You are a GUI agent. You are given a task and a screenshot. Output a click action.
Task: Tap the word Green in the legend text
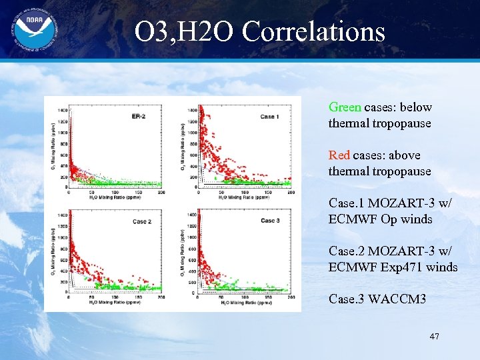click(345, 107)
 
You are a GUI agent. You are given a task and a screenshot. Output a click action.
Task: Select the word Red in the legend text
click(339, 155)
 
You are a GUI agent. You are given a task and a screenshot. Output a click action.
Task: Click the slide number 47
click(434, 337)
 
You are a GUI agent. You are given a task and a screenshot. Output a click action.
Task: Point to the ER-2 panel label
click(139, 117)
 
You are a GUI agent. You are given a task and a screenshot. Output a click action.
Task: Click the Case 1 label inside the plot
click(269, 117)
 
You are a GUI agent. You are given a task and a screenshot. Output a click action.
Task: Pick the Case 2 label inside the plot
click(142, 221)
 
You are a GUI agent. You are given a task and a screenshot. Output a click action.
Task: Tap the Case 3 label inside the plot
click(270, 221)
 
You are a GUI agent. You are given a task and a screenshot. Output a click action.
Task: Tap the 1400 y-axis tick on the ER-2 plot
click(62, 109)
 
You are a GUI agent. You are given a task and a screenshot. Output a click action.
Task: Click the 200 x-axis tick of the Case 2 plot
click(161, 297)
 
